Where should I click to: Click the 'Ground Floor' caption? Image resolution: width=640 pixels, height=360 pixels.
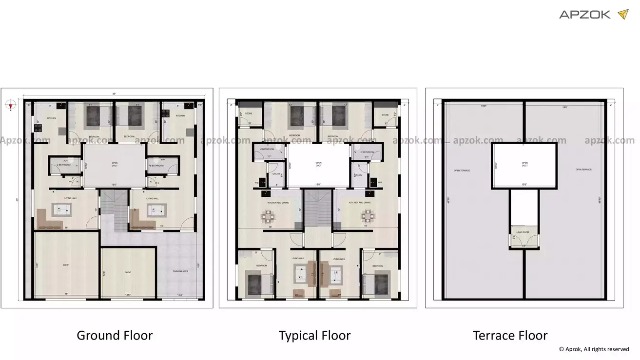click(115, 336)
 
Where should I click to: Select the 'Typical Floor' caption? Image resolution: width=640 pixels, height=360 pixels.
click(314, 336)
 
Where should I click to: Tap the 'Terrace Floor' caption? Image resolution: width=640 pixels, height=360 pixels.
click(510, 336)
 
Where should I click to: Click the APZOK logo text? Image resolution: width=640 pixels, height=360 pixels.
click(584, 15)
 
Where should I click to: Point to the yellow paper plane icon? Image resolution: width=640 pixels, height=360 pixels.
click(622, 14)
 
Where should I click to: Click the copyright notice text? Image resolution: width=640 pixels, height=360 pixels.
click(594, 349)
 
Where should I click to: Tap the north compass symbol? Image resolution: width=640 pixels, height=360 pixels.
click(10, 104)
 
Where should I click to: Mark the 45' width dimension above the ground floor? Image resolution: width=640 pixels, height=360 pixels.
click(114, 94)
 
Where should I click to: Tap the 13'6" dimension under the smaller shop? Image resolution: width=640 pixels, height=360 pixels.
click(128, 295)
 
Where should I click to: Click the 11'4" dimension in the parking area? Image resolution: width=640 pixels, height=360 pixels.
click(179, 295)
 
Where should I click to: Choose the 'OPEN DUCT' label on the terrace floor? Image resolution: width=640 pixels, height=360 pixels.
click(524, 164)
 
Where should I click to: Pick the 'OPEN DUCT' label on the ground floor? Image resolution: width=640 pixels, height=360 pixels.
click(114, 164)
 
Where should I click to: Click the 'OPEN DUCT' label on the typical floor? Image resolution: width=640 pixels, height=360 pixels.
click(318, 164)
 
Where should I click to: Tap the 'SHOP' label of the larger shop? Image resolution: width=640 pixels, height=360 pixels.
click(66, 265)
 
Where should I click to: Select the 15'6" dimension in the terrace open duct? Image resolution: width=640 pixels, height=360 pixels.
click(524, 184)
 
